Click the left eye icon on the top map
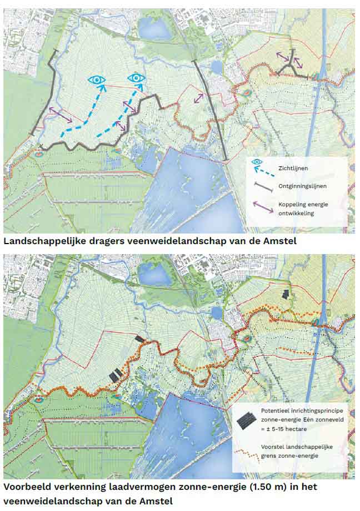(x=98, y=80)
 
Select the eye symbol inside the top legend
(x=257, y=162)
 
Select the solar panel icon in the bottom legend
(x=245, y=420)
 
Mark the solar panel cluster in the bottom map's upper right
(x=286, y=294)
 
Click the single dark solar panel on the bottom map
(x=140, y=338)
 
